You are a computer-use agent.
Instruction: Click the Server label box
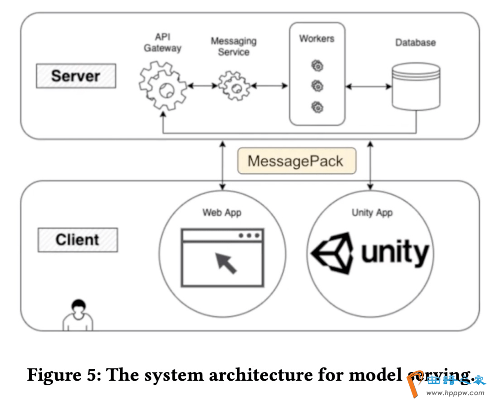(76, 76)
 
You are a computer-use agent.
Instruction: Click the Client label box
(77, 240)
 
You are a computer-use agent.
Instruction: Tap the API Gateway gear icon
(162, 86)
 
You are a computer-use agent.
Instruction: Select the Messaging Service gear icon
(234, 86)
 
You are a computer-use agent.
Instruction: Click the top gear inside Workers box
(318, 66)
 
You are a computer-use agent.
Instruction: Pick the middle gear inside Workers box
(318, 86)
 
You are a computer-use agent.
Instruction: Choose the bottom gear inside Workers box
(318, 107)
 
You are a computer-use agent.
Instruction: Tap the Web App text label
(222, 212)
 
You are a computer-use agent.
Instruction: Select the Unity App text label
(372, 212)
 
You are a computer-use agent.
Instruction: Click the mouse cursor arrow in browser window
(226, 263)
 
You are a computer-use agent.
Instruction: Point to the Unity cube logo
(333, 253)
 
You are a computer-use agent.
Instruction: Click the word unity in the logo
(395, 252)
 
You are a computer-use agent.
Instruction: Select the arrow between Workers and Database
(368, 86)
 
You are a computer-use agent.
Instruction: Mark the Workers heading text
(317, 39)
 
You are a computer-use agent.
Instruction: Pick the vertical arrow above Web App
(222, 165)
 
